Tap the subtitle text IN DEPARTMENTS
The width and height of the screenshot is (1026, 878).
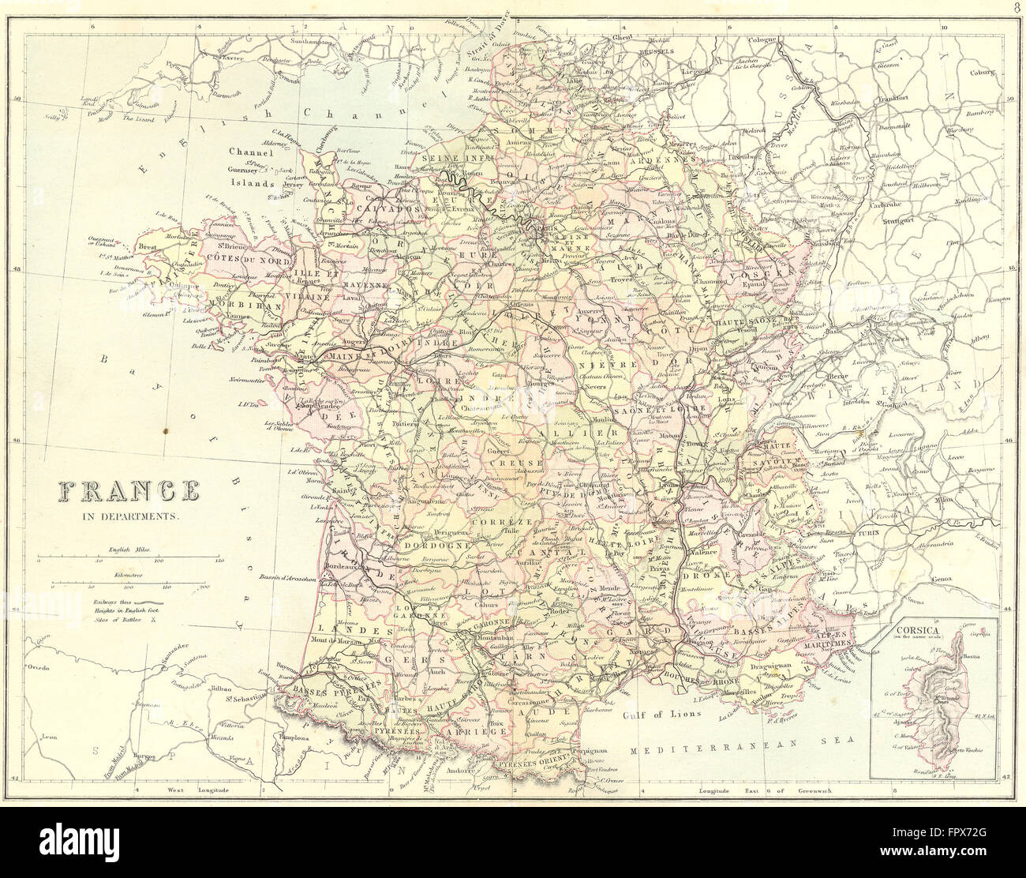126,518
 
